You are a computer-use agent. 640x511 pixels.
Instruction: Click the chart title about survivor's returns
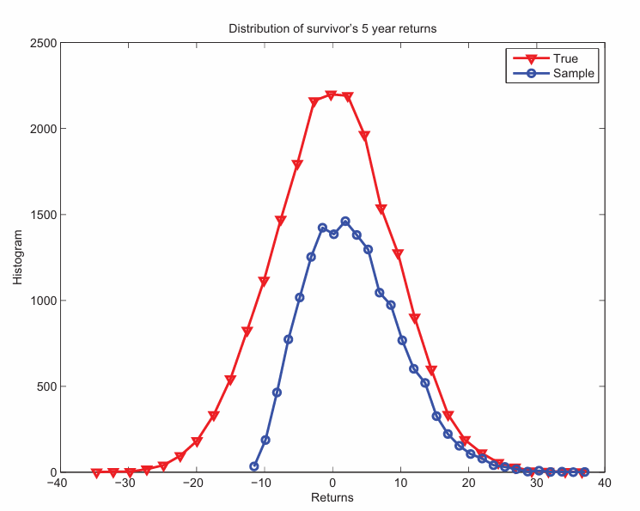(x=332, y=29)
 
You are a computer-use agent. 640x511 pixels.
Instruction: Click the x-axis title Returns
(x=332, y=497)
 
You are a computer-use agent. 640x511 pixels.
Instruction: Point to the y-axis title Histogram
(x=18, y=258)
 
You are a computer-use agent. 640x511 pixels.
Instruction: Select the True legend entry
(x=565, y=58)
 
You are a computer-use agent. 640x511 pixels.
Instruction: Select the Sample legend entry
(x=573, y=74)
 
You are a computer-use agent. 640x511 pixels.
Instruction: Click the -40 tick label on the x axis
(x=57, y=483)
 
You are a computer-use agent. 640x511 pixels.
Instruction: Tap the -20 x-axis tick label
(x=194, y=483)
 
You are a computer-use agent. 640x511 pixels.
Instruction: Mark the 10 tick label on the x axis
(x=400, y=483)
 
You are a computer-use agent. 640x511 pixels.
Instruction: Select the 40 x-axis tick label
(x=606, y=483)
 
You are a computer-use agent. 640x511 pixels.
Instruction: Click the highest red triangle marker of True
(x=331, y=95)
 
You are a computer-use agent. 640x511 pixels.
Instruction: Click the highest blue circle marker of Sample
(x=345, y=222)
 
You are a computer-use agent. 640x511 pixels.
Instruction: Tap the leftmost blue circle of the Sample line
(x=254, y=466)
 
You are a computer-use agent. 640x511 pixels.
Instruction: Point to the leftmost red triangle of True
(x=96, y=473)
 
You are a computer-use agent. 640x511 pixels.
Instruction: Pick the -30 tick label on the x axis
(x=125, y=483)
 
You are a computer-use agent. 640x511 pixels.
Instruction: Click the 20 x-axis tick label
(x=469, y=483)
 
